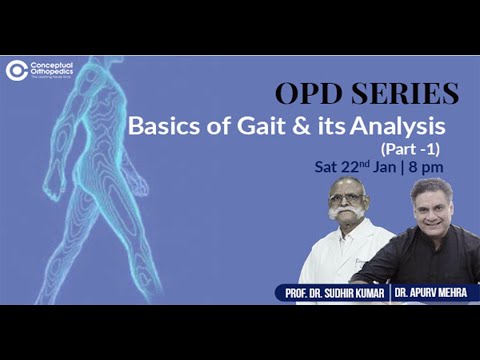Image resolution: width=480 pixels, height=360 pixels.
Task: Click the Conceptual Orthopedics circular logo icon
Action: pos(16,70)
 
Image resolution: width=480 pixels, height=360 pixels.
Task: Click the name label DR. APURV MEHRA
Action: pos(430,293)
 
